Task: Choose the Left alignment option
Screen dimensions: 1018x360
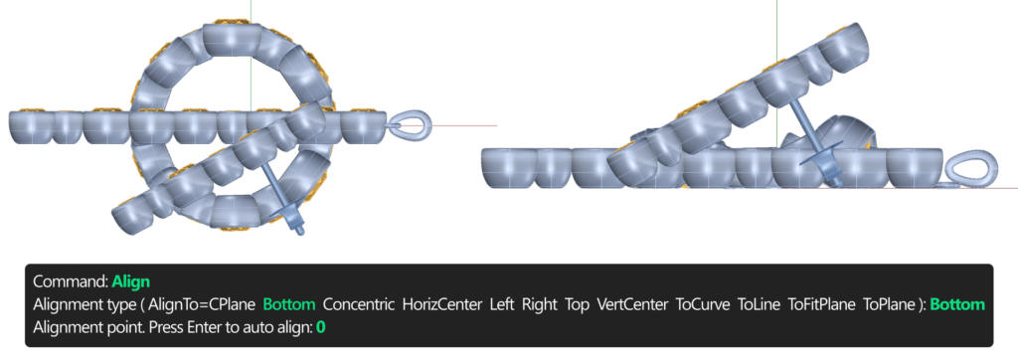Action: pos(502,304)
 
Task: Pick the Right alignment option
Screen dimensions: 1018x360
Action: pos(540,304)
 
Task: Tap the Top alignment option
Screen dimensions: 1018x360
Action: pos(578,304)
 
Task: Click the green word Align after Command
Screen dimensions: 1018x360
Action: pos(130,281)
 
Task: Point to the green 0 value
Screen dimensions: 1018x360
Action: pos(321,327)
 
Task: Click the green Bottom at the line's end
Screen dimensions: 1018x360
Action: pos(957,304)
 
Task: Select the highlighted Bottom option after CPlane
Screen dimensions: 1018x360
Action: pos(289,304)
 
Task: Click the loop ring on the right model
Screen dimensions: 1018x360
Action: pos(971,170)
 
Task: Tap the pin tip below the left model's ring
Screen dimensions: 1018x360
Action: pos(299,230)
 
